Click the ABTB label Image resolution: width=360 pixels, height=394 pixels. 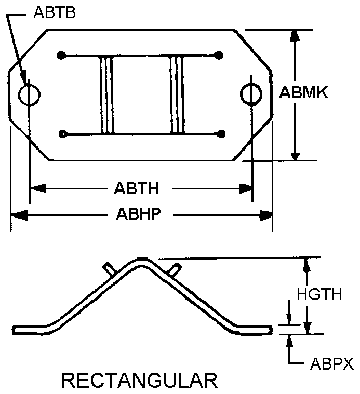click(55, 12)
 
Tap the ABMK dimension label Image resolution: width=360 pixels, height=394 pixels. click(303, 92)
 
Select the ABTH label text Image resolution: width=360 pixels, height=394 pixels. click(136, 188)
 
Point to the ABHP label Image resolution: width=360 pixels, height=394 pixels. click(138, 214)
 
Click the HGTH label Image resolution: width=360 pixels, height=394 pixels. click(319, 294)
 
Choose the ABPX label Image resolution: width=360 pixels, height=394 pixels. click(332, 363)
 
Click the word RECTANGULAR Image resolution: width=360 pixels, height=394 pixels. click(140, 381)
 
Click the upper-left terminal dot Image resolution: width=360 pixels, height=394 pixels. click(61, 55)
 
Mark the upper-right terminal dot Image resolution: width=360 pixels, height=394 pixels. click(219, 55)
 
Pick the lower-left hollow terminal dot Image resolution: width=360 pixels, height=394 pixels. click(63, 134)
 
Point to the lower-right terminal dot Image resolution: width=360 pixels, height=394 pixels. click(221, 134)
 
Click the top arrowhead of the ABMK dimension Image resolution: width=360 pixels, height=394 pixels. click(295, 35)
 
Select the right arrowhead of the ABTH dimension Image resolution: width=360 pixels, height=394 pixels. click(245, 189)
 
